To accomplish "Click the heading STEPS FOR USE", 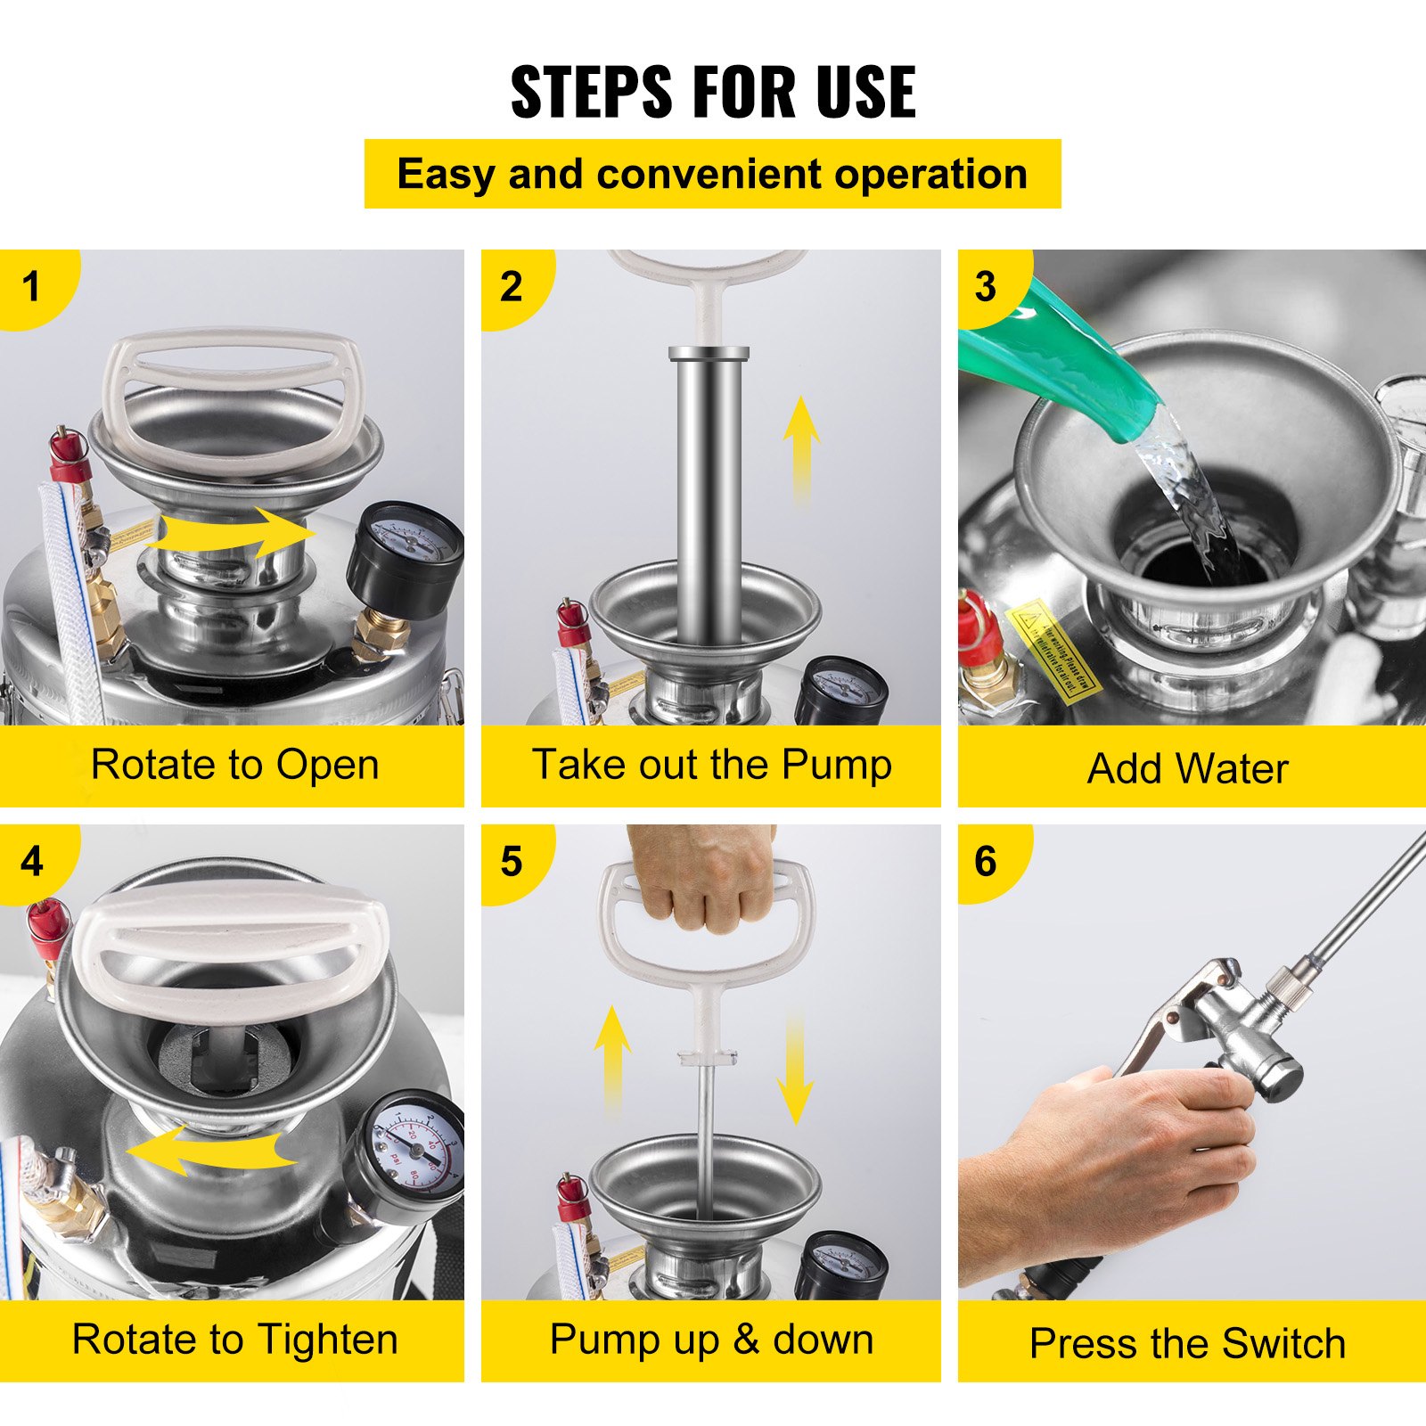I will (713, 92).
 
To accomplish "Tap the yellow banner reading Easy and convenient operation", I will (712, 174).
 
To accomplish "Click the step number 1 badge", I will (32, 287).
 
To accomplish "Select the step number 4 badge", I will (32, 862).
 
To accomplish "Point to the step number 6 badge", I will (985, 862).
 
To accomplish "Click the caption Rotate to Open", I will (234, 765).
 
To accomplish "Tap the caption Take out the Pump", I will (711, 765).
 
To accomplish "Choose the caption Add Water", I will (1187, 768).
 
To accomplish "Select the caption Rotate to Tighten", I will (234, 1340).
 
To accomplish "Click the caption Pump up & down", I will (711, 1340).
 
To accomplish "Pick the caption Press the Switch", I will (1187, 1343).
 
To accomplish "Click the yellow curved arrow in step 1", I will (234, 533).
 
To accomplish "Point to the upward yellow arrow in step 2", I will (800, 446).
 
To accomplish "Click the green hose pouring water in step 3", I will (1061, 356).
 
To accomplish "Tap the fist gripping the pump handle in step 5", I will (704, 878).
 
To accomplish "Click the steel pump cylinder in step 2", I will (709, 490).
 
